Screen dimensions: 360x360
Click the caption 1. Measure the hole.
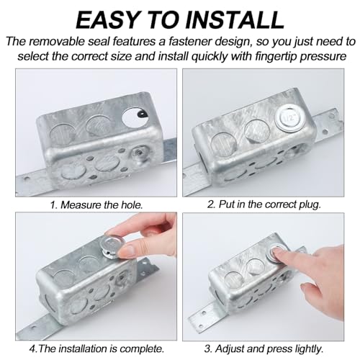pyautogui.click(x=96, y=205)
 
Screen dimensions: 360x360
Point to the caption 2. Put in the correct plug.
pyautogui.click(x=264, y=204)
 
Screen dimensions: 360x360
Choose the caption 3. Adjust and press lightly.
pyautogui.click(x=264, y=348)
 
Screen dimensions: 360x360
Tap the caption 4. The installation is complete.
pyautogui.click(x=96, y=348)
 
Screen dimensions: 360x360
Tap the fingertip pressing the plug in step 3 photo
pyautogui.click(x=276, y=253)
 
